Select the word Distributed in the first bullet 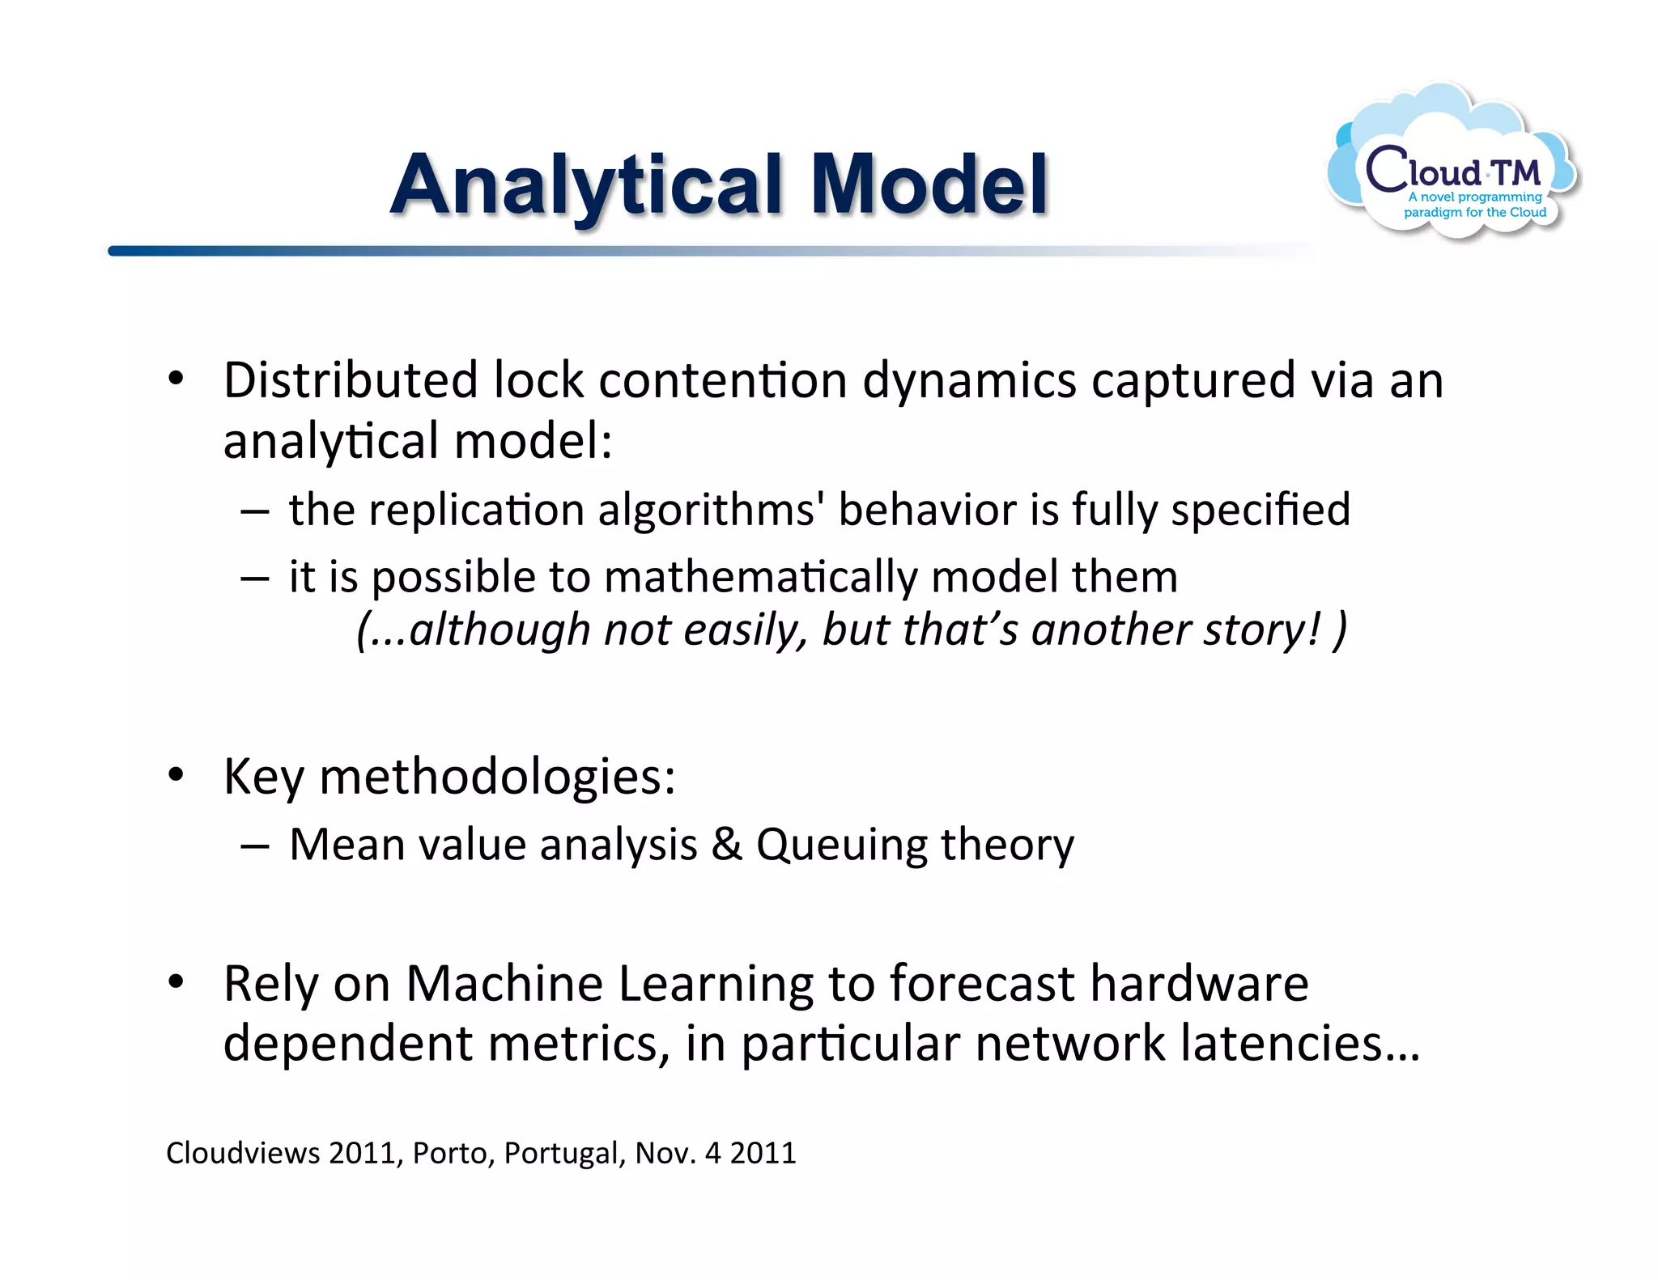pyautogui.click(x=351, y=380)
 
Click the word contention pyautogui.click(x=722, y=380)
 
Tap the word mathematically pyautogui.click(x=760, y=578)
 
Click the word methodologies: pyautogui.click(x=497, y=777)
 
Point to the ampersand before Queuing pyautogui.click(x=726, y=844)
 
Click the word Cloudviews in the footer pyautogui.click(x=243, y=1153)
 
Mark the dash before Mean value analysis pyautogui.click(x=254, y=846)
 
